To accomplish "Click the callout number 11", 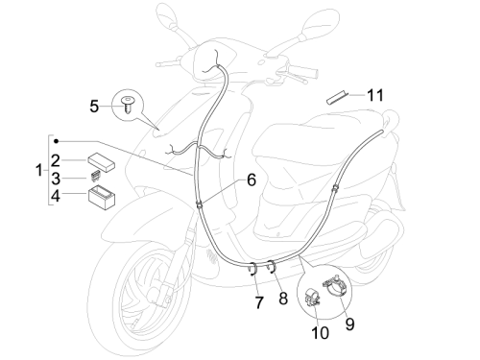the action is (x=375, y=95).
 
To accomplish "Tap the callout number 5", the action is (x=94, y=107).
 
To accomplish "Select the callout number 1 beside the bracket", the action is (x=39, y=170).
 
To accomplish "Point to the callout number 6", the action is (x=252, y=180).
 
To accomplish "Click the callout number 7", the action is (x=259, y=302).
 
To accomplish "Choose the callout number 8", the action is (x=283, y=299).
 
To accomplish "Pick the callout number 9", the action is (x=350, y=324).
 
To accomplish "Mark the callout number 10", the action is (x=320, y=333).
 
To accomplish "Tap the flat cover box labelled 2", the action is (x=102, y=160).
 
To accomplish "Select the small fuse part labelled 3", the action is (x=95, y=176).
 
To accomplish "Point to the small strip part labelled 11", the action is (x=337, y=97).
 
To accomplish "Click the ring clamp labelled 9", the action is (x=335, y=285).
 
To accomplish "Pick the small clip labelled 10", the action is (x=312, y=298).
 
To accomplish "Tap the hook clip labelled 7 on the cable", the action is (x=252, y=269).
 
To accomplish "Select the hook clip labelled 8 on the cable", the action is (x=272, y=267).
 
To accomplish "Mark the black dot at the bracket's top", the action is (x=57, y=141).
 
